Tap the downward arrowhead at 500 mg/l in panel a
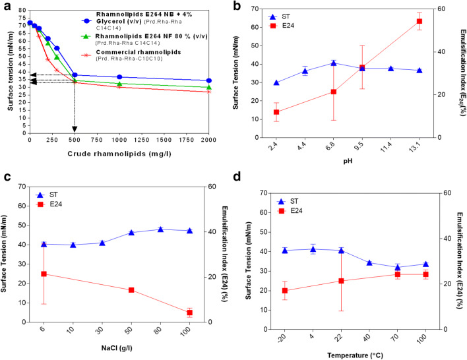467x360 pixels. [x=75, y=129]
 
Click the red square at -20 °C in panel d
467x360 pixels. [x=285, y=291]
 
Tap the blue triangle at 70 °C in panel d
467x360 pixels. [x=398, y=268]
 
